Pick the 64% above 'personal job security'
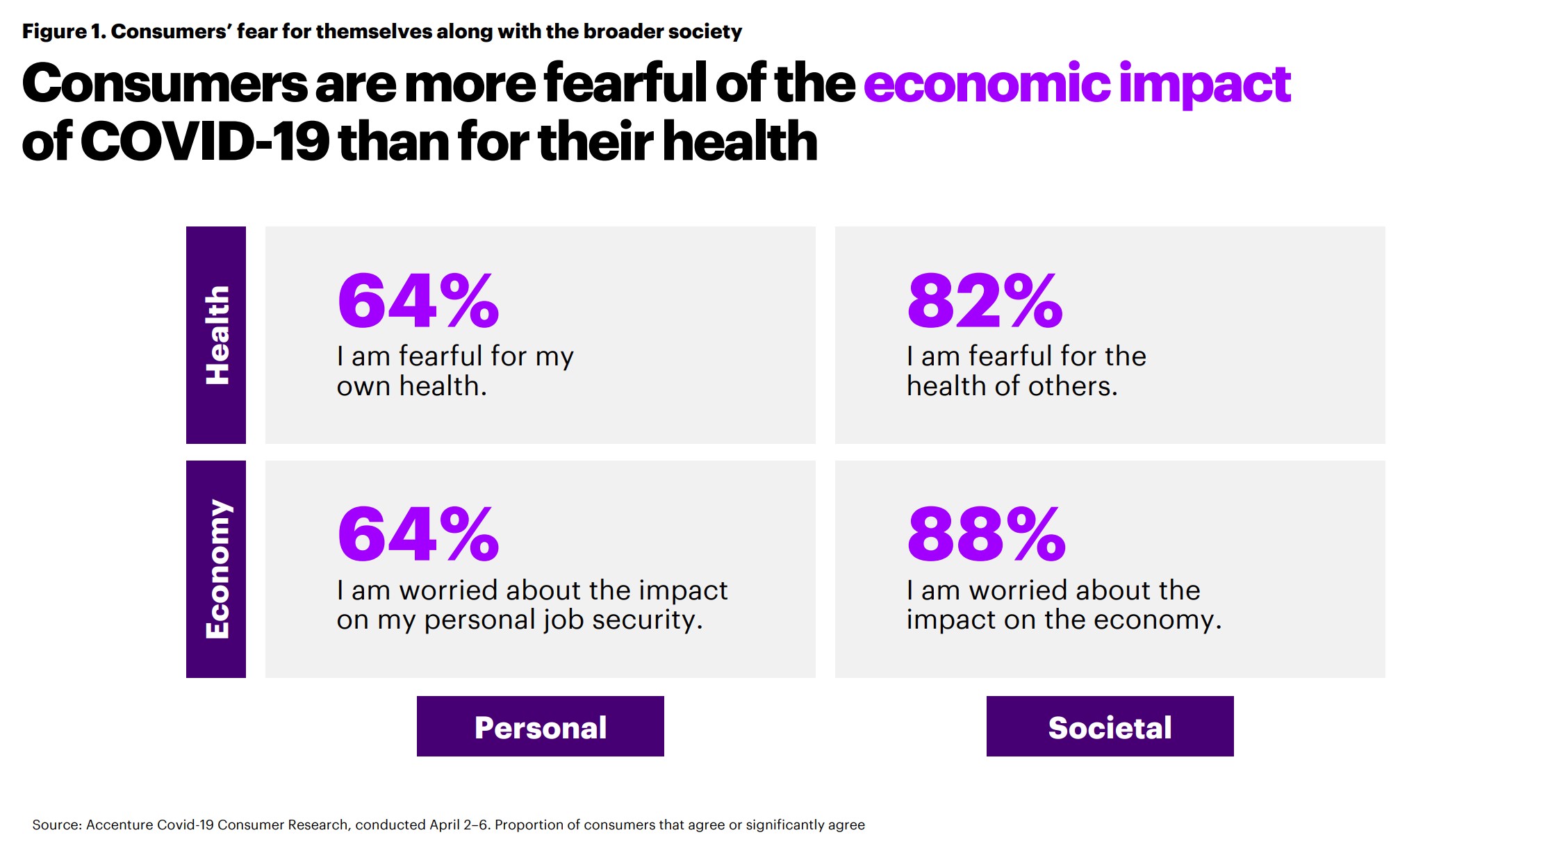tap(418, 534)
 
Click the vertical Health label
tap(216, 335)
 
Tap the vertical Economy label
tap(216, 569)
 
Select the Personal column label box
tap(540, 727)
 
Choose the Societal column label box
tap(1110, 727)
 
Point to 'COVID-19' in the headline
tap(205, 142)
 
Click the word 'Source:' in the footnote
tap(57, 825)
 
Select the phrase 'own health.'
tap(411, 386)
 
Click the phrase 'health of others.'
tap(1012, 386)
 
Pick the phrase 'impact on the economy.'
tap(1063, 620)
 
